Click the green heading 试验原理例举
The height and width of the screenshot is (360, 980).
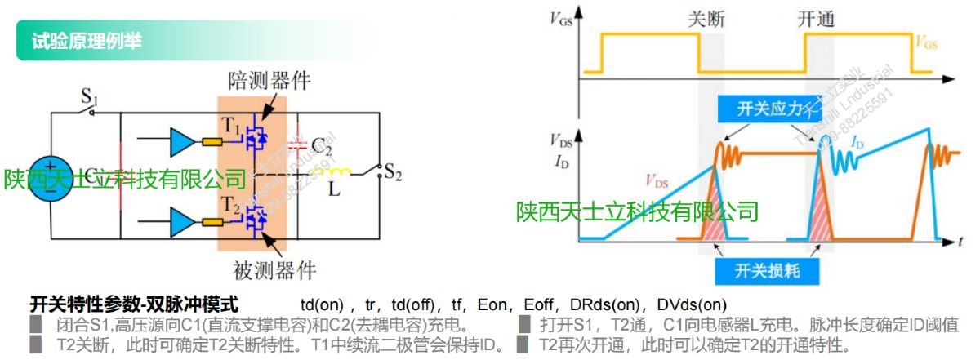tap(86, 42)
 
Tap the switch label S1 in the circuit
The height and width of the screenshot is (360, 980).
tap(89, 101)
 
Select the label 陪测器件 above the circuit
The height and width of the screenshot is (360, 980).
tap(269, 80)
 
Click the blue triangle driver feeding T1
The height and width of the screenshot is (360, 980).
tap(180, 143)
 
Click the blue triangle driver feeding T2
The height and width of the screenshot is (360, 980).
tap(180, 220)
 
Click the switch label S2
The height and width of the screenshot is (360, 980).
tap(393, 173)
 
